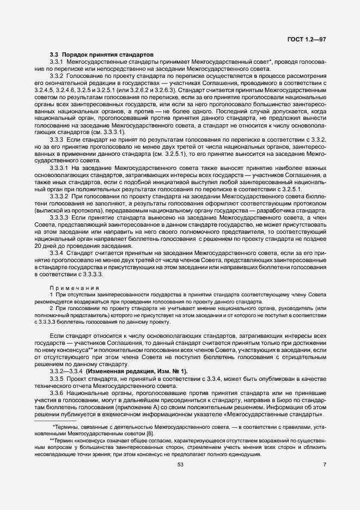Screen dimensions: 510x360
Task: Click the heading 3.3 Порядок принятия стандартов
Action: [x=101, y=54]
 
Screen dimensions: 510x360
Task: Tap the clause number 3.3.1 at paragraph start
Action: [x=57, y=63]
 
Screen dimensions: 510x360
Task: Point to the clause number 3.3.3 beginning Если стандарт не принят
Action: [x=57, y=141]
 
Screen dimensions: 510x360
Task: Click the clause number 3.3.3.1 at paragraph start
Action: [x=59, y=168]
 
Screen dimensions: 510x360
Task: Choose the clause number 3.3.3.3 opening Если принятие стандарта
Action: [x=59, y=217]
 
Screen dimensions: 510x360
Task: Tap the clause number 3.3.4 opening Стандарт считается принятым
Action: [x=57, y=253]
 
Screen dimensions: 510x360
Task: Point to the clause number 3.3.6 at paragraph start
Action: [x=57, y=392]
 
